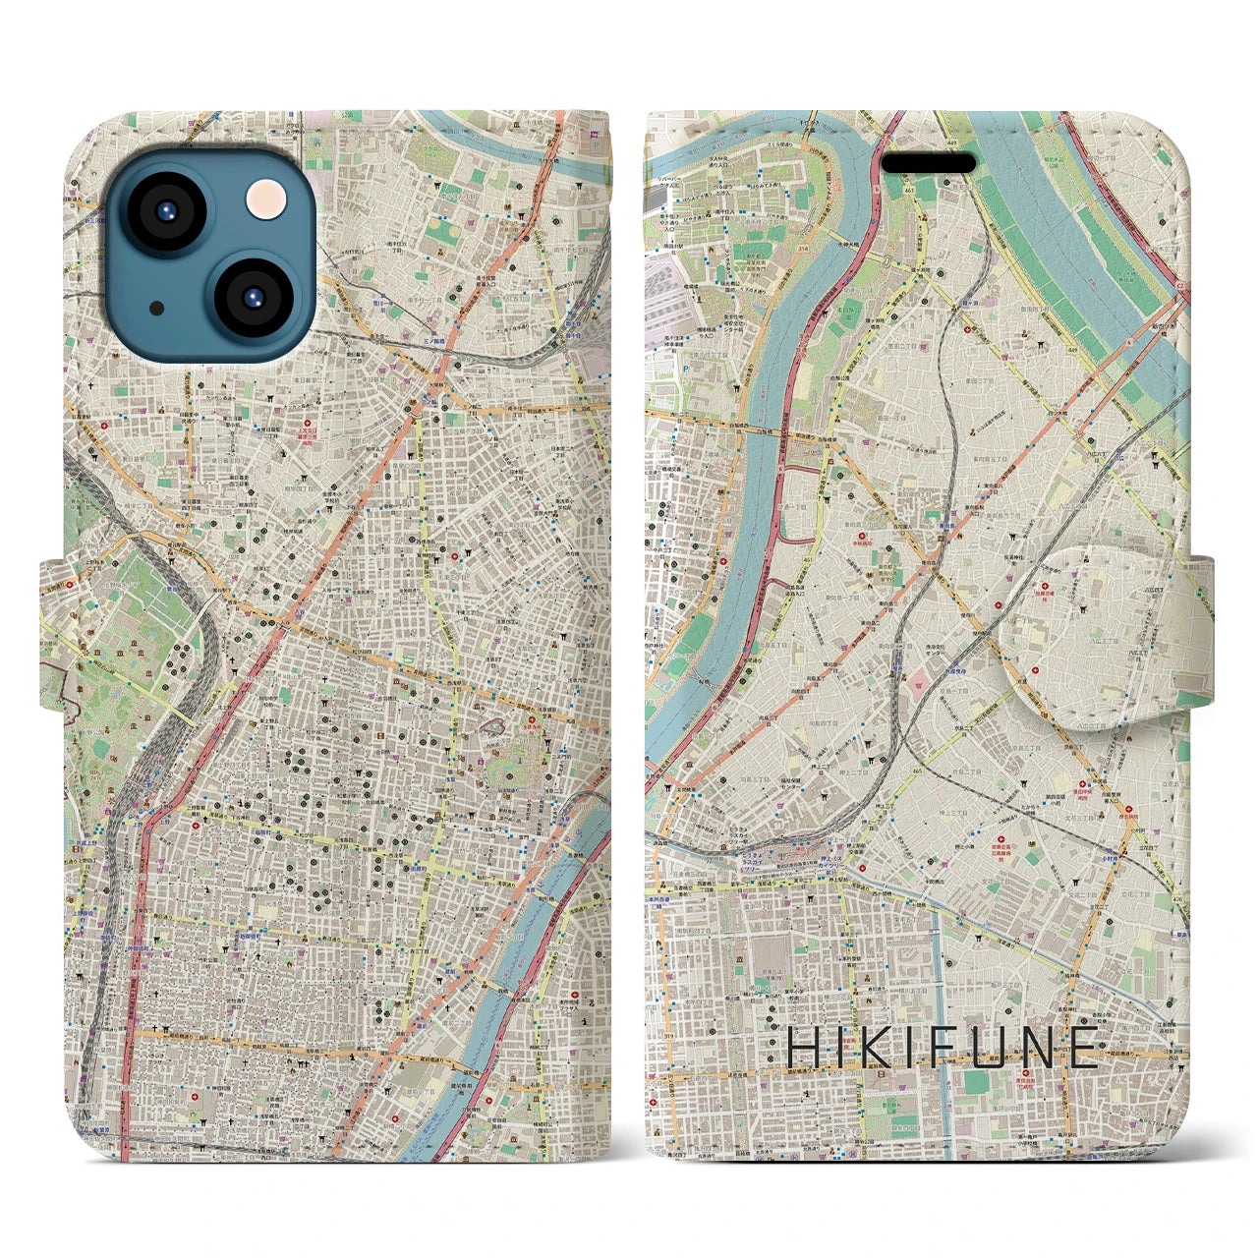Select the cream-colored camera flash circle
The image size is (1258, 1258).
pos(267,200)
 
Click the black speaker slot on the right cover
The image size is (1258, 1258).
pos(927,163)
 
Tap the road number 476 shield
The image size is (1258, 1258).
pos(1179,895)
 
